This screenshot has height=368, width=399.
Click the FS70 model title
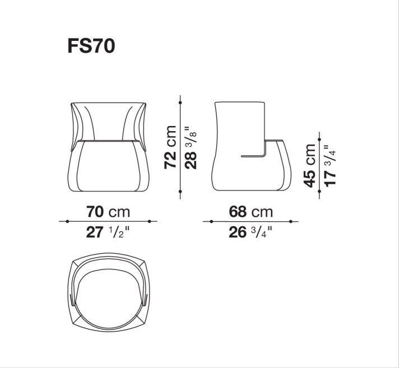tap(91, 46)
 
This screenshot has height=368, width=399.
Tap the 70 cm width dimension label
tap(108, 212)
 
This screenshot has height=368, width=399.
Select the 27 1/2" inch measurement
tap(108, 232)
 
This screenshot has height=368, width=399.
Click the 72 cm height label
tap(170, 147)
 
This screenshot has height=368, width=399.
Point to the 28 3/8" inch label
tap(191, 147)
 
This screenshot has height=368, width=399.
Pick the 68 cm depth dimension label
tap(250, 212)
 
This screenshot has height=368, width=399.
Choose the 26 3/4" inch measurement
tap(250, 232)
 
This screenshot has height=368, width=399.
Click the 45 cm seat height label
tap(309, 166)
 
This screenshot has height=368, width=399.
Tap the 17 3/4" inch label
tap(330, 166)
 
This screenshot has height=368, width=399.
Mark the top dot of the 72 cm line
tap(180, 103)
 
